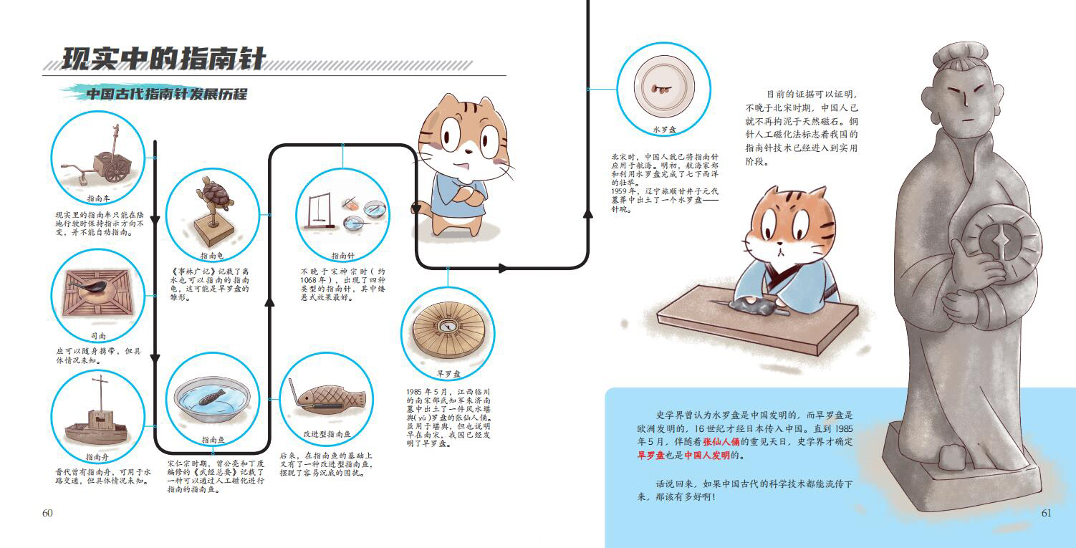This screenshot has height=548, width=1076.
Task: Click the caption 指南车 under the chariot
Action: point(98,198)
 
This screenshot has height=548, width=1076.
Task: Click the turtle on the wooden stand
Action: point(215,194)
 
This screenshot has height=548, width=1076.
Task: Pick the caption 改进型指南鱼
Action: point(327,433)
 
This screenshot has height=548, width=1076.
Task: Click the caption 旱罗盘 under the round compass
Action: point(448,374)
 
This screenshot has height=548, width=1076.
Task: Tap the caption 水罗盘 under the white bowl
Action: point(664,130)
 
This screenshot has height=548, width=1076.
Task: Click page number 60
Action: point(47,513)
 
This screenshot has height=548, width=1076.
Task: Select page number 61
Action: point(1046,513)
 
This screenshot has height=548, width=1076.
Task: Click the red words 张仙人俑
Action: point(721,442)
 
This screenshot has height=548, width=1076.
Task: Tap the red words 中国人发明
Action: point(707,455)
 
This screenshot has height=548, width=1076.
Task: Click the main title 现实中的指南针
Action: point(164,59)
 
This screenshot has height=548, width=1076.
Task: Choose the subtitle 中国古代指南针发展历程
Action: point(167,94)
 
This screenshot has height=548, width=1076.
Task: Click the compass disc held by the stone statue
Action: point(1002,240)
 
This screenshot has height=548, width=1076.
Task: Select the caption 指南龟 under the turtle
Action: point(212,256)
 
